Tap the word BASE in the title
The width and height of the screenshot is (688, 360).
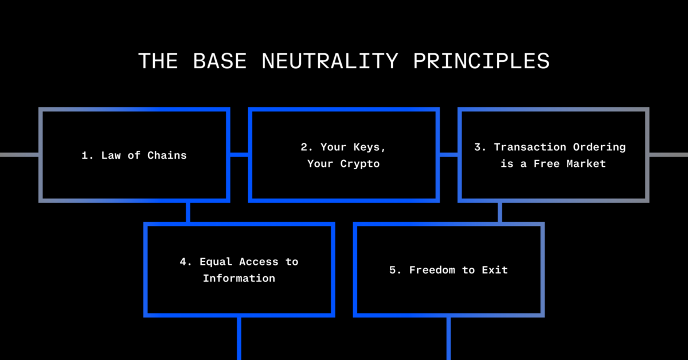(221, 61)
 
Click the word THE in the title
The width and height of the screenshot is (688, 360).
(158, 61)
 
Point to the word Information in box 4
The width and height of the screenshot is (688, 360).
(239, 279)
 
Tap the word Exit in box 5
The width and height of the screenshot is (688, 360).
(495, 270)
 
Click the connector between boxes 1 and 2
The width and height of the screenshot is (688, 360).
(239, 154)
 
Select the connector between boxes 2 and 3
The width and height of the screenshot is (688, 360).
(449, 154)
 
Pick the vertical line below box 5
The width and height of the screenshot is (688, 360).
(449, 338)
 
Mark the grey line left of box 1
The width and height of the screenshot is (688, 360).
(19, 154)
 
